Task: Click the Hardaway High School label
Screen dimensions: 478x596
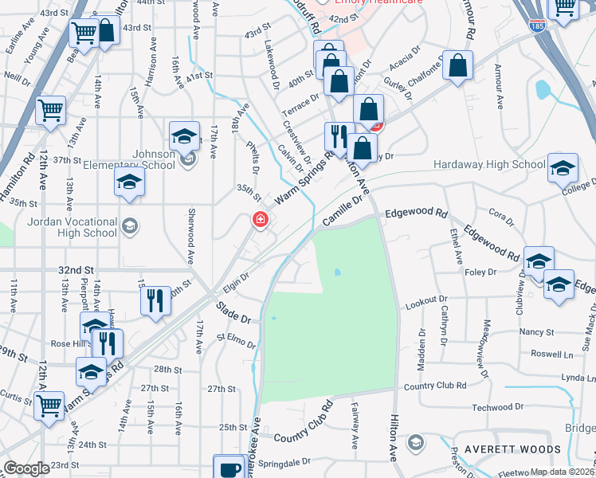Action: click(x=489, y=165)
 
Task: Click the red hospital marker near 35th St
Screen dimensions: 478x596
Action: click(x=259, y=220)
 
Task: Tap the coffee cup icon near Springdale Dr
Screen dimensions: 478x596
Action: click(x=229, y=468)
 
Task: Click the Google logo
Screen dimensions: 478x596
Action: click(x=27, y=468)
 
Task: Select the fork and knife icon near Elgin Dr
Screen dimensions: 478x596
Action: click(x=155, y=301)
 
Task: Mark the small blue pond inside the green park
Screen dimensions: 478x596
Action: click(x=338, y=272)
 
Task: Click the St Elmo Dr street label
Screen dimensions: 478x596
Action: click(x=236, y=342)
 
